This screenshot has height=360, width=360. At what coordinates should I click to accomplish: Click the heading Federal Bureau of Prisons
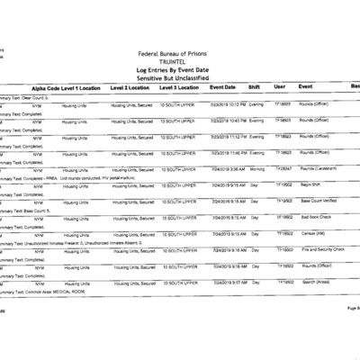(179, 54)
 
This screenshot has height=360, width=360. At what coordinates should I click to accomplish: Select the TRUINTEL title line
(179, 62)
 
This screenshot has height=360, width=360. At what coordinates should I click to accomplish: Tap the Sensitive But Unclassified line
(179, 78)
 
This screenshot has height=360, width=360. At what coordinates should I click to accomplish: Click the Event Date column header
(222, 87)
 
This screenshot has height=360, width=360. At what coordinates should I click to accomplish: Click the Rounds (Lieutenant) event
(320, 169)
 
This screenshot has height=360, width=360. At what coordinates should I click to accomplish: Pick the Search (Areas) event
(316, 282)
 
